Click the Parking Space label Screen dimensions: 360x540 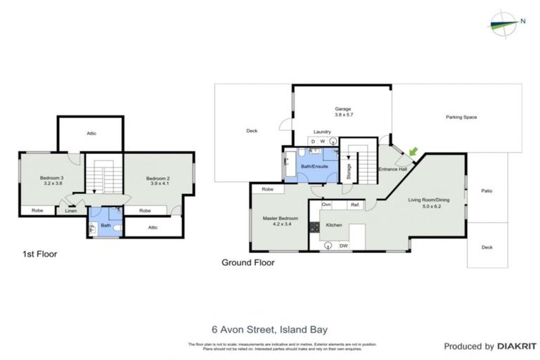coord(461,117)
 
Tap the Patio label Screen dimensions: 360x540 coord(486,191)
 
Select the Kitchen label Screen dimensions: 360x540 coord(333,225)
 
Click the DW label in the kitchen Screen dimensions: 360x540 coord(345,245)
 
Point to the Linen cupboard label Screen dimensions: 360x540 coord(71,210)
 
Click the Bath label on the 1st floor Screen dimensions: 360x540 coord(104,226)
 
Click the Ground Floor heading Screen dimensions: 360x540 coord(247,263)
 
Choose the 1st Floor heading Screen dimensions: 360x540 coord(39,254)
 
